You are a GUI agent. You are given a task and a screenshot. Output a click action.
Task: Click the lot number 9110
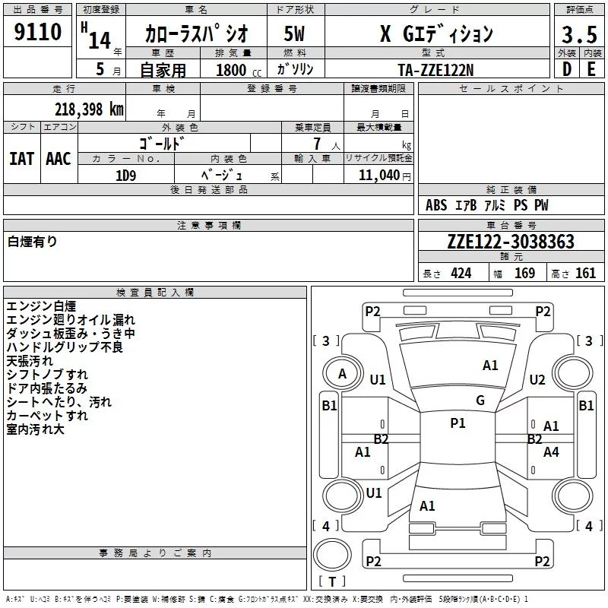point(37,32)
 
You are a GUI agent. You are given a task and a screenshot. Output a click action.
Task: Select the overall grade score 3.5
point(579,34)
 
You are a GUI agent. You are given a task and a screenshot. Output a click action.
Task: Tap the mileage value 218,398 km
point(89,109)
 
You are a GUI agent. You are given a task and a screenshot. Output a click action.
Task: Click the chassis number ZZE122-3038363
point(511,242)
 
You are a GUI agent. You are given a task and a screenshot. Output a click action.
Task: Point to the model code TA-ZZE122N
point(435,70)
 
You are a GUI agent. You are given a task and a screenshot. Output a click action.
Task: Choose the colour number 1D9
point(125,176)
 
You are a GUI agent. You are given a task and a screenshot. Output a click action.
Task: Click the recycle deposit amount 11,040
point(378,175)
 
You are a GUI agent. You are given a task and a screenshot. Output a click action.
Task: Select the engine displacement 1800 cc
point(239,70)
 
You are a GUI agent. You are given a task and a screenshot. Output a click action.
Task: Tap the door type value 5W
point(294,33)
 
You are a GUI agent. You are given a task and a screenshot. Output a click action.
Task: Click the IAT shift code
point(21,159)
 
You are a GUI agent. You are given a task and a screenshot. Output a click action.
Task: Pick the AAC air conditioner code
point(59,159)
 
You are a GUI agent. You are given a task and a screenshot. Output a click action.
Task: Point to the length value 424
point(461,274)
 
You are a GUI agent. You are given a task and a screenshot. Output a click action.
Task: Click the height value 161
point(585,274)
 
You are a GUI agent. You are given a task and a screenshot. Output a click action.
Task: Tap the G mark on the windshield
point(480,401)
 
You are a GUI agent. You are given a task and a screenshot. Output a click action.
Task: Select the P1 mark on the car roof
point(458,423)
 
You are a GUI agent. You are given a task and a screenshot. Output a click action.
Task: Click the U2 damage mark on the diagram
point(537,380)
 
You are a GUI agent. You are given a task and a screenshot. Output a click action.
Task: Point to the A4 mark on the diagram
point(551,451)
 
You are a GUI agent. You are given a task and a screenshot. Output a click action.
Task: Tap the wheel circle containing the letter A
point(343,374)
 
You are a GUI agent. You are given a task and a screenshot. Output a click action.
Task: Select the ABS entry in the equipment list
point(436,205)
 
